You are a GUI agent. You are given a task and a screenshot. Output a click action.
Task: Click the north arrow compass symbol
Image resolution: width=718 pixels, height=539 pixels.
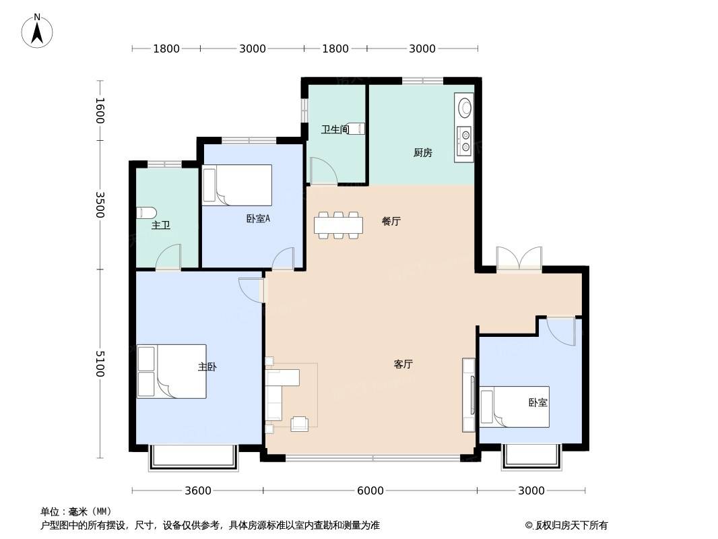37,31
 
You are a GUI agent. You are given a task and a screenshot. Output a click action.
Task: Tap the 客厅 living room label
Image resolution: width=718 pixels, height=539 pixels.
403,364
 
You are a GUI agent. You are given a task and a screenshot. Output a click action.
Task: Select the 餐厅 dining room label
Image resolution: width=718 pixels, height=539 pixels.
391,221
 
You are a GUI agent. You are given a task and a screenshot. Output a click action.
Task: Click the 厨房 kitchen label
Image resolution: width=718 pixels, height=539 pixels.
422,152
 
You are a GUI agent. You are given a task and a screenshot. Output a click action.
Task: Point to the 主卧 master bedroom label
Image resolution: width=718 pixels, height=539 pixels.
207,367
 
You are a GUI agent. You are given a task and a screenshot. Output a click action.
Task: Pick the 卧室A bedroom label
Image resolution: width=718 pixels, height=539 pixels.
258,219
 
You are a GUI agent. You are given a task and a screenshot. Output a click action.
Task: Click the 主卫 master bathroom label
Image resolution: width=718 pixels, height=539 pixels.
161,225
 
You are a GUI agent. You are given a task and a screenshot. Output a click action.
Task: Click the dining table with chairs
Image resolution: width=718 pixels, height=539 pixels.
338,225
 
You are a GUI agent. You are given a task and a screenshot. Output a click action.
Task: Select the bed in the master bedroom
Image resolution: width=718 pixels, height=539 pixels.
172,371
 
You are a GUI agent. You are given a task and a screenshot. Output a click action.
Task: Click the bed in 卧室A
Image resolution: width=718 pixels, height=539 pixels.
237,185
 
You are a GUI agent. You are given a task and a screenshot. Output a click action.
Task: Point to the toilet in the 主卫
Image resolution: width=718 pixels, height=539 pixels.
147,213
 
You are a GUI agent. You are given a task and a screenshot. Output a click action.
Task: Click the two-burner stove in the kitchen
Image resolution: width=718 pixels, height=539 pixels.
464,141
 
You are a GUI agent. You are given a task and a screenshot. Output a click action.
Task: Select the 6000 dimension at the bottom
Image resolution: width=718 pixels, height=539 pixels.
370,491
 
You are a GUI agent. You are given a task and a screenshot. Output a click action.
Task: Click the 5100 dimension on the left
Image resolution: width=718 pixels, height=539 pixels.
100,364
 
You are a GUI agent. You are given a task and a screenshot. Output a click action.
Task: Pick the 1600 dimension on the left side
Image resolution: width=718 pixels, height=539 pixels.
100,110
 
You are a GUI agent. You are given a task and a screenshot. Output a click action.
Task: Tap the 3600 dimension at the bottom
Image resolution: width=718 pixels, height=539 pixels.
198,491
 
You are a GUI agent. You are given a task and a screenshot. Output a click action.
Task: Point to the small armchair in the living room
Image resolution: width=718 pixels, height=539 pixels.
300,423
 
